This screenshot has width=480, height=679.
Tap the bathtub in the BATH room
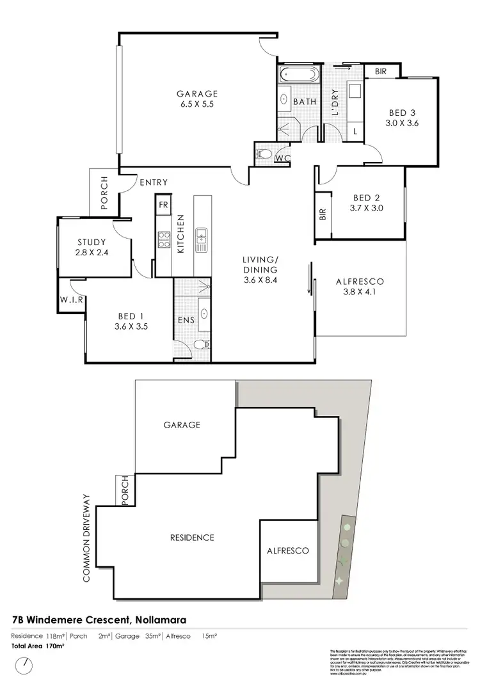[298, 75]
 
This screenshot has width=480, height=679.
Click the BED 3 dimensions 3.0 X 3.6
[402, 124]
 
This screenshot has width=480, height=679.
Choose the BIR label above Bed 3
[381, 72]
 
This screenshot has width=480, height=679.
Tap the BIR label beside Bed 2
[323, 214]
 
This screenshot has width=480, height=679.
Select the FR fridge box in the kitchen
[163, 205]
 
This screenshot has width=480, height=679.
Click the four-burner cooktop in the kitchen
[164, 239]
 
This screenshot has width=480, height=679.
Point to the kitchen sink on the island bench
[202, 239]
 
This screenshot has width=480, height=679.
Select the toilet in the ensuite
[201, 344]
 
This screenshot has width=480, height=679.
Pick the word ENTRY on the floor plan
[153, 183]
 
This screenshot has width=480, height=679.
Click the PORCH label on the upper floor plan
[104, 194]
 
